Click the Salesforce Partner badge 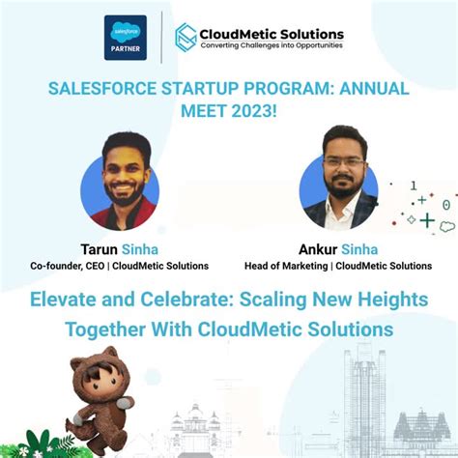(x=125, y=38)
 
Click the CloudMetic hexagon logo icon (x=186, y=37)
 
